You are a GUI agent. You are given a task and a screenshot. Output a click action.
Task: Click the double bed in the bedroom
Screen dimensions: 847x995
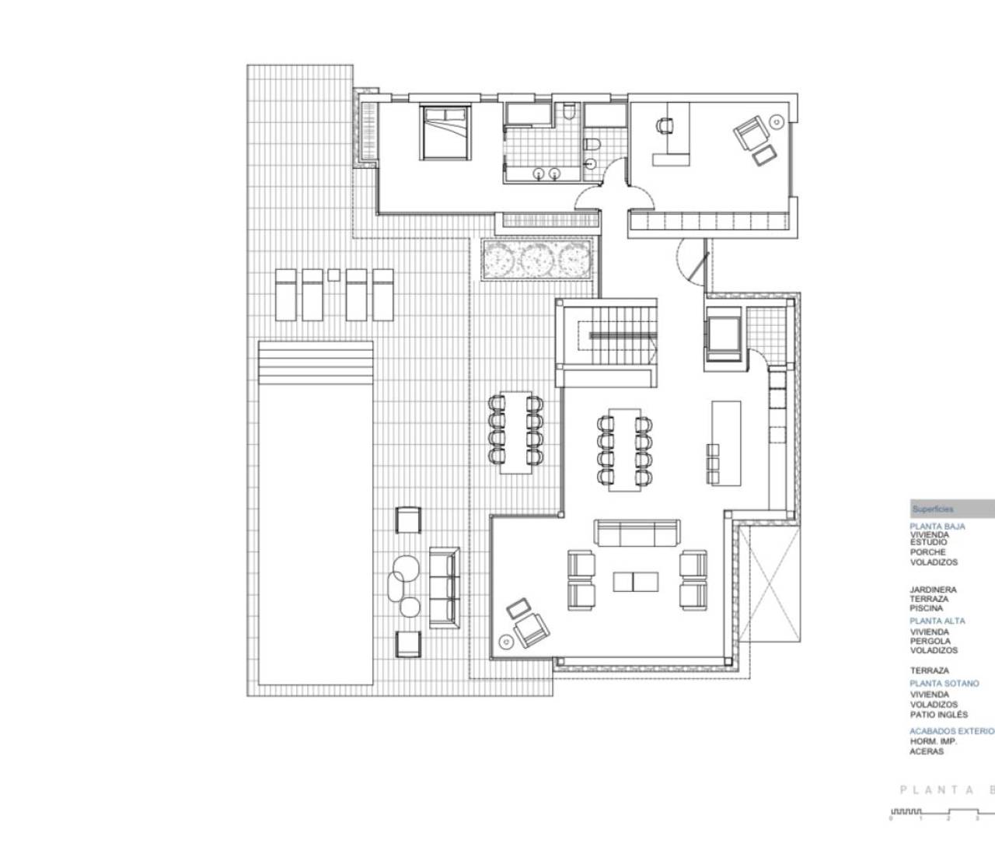(x=445, y=132)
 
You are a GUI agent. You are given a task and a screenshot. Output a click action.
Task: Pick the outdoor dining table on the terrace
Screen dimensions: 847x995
(x=514, y=432)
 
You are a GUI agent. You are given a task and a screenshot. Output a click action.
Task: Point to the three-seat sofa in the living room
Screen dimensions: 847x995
(x=635, y=534)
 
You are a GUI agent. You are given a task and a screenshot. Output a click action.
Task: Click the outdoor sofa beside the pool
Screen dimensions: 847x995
(x=445, y=583)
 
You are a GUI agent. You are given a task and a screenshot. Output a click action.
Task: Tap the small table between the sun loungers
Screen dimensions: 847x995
(x=334, y=274)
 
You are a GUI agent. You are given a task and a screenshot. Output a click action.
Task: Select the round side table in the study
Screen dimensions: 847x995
(x=777, y=121)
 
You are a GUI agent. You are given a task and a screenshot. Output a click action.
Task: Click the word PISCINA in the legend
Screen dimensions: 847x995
(x=926, y=608)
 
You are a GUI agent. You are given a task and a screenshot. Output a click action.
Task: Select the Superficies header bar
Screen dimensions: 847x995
(x=951, y=509)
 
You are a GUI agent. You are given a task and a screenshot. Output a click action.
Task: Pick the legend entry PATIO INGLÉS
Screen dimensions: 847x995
(x=939, y=715)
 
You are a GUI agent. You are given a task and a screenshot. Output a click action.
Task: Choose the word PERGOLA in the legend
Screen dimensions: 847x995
(x=930, y=641)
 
